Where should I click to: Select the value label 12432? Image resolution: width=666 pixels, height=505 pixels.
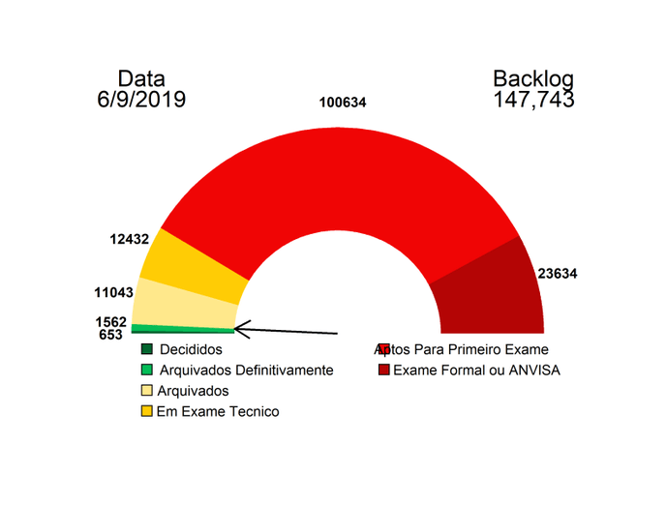[130, 239]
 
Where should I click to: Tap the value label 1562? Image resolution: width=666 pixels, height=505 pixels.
[111, 321]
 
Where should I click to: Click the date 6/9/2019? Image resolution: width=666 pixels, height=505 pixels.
[141, 99]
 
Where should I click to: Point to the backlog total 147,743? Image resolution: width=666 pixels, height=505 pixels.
[533, 99]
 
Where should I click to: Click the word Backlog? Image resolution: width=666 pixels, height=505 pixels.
[533, 78]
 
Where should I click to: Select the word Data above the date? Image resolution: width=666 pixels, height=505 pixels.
[141, 78]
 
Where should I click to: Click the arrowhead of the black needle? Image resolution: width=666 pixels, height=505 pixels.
[240, 330]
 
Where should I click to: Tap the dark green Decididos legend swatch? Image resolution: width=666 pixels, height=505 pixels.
[147, 349]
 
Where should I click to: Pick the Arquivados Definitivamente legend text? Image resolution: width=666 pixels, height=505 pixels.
[246, 370]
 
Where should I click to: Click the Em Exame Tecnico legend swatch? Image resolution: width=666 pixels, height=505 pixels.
[147, 411]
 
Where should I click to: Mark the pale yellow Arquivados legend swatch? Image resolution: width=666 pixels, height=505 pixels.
[147, 391]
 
